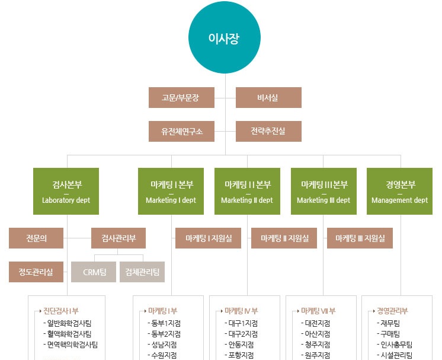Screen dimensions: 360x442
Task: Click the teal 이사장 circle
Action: click(x=225, y=38)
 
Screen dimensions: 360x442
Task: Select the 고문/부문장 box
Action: click(x=181, y=97)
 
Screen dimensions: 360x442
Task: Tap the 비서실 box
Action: click(x=268, y=97)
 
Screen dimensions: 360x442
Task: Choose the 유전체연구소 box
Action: click(x=181, y=131)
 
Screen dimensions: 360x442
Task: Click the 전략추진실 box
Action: click(x=268, y=131)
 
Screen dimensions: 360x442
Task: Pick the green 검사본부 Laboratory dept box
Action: click(x=66, y=191)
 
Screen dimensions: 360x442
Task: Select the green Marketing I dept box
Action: click(x=171, y=191)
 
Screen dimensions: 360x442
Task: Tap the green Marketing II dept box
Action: click(x=247, y=191)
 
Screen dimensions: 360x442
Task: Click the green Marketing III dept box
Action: click(x=324, y=191)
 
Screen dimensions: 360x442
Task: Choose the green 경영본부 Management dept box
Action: click(x=399, y=191)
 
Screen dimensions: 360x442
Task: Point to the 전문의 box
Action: click(x=36, y=238)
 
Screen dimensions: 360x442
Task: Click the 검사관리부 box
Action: click(x=118, y=238)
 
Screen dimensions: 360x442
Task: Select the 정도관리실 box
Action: click(x=36, y=272)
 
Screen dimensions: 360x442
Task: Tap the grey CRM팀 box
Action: click(x=94, y=272)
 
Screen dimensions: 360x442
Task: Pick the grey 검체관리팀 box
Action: click(x=142, y=272)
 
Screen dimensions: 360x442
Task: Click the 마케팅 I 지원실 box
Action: click(x=208, y=238)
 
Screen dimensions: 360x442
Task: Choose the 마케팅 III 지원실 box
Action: click(x=360, y=238)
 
